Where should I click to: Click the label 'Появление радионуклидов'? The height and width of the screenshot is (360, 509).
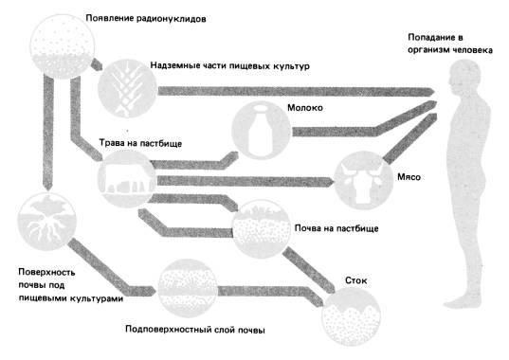[146, 19]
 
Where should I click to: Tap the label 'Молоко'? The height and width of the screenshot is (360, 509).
[305, 108]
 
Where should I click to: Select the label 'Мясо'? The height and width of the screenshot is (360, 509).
[409, 177]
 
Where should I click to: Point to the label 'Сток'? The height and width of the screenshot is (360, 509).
[355, 280]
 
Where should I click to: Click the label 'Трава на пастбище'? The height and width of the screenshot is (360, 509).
[140, 143]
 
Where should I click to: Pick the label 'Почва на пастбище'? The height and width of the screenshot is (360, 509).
[336, 228]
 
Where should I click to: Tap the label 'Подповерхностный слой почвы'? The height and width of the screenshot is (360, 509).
[195, 330]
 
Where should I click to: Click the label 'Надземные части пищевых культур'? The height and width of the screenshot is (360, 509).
[229, 65]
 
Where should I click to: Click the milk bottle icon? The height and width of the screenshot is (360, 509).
[261, 131]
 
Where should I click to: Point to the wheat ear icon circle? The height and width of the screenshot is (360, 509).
[128, 88]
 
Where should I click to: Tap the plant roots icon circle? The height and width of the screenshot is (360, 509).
[46, 222]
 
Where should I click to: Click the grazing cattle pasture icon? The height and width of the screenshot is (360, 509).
[127, 179]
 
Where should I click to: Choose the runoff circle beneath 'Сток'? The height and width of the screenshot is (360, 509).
[352, 316]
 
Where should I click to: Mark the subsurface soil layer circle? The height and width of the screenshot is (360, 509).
[188, 288]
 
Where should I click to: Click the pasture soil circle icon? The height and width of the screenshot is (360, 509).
[262, 229]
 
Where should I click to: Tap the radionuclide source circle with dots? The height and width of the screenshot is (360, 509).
[63, 46]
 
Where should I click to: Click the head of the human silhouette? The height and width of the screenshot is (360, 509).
[464, 78]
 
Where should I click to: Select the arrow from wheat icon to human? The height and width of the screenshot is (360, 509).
[296, 91]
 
